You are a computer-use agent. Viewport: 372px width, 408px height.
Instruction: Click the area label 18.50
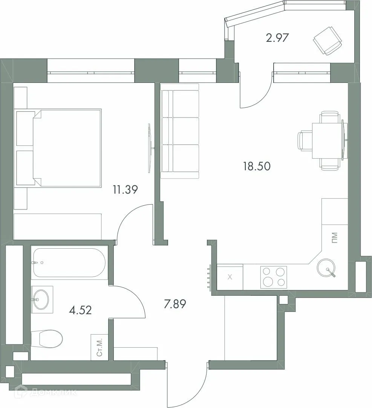click(x=257, y=166)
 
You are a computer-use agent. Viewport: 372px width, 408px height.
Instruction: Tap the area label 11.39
click(x=124, y=190)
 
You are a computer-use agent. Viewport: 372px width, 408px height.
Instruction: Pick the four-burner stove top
click(x=273, y=277)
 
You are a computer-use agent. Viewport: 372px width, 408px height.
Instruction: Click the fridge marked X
click(x=230, y=277)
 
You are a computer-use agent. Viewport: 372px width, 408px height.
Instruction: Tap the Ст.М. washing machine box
click(x=100, y=348)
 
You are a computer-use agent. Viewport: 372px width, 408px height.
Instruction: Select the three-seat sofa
click(x=179, y=131)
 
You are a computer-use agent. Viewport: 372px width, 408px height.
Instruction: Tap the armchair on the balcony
click(x=327, y=41)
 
